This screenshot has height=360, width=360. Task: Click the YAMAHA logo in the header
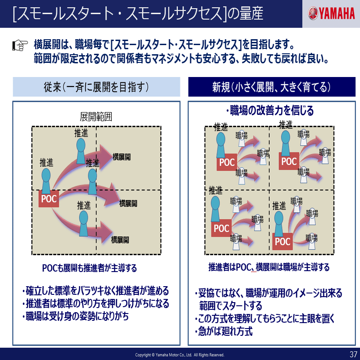pyautogui.click(x=331, y=14)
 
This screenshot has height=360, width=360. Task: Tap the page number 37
pyautogui.click(x=353, y=354)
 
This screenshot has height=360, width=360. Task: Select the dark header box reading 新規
pyautogui.click(x=271, y=87)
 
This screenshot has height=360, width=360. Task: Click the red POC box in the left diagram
pyautogui.click(x=49, y=199)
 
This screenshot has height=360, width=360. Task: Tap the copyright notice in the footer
pyautogui.click(x=180, y=355)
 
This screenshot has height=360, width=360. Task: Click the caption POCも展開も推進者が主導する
pyautogui.click(x=89, y=267)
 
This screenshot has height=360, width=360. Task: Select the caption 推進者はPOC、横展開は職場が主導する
pyautogui.click(x=269, y=267)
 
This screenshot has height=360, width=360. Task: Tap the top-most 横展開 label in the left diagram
pyautogui.click(x=122, y=157)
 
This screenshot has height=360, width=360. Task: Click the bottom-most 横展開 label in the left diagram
pyautogui.click(x=120, y=240)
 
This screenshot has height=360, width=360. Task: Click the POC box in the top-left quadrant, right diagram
pyautogui.click(x=226, y=162)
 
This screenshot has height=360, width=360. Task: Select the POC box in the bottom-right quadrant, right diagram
pyautogui.click(x=283, y=242)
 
